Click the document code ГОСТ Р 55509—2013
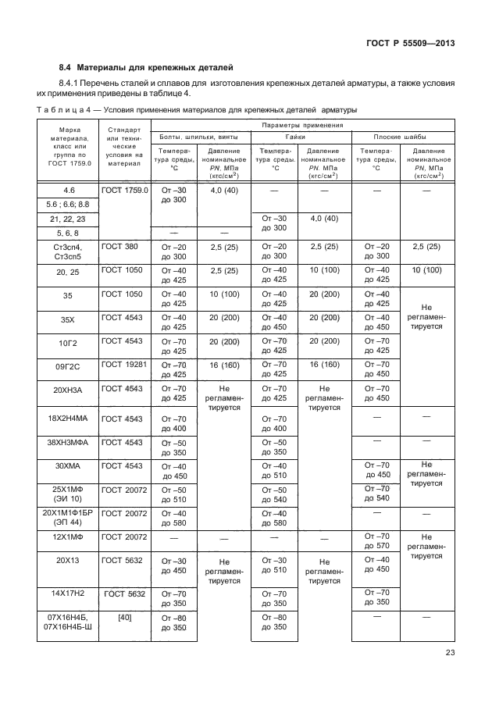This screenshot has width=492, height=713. (x=411, y=44)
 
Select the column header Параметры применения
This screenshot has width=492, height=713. (x=302, y=124)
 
